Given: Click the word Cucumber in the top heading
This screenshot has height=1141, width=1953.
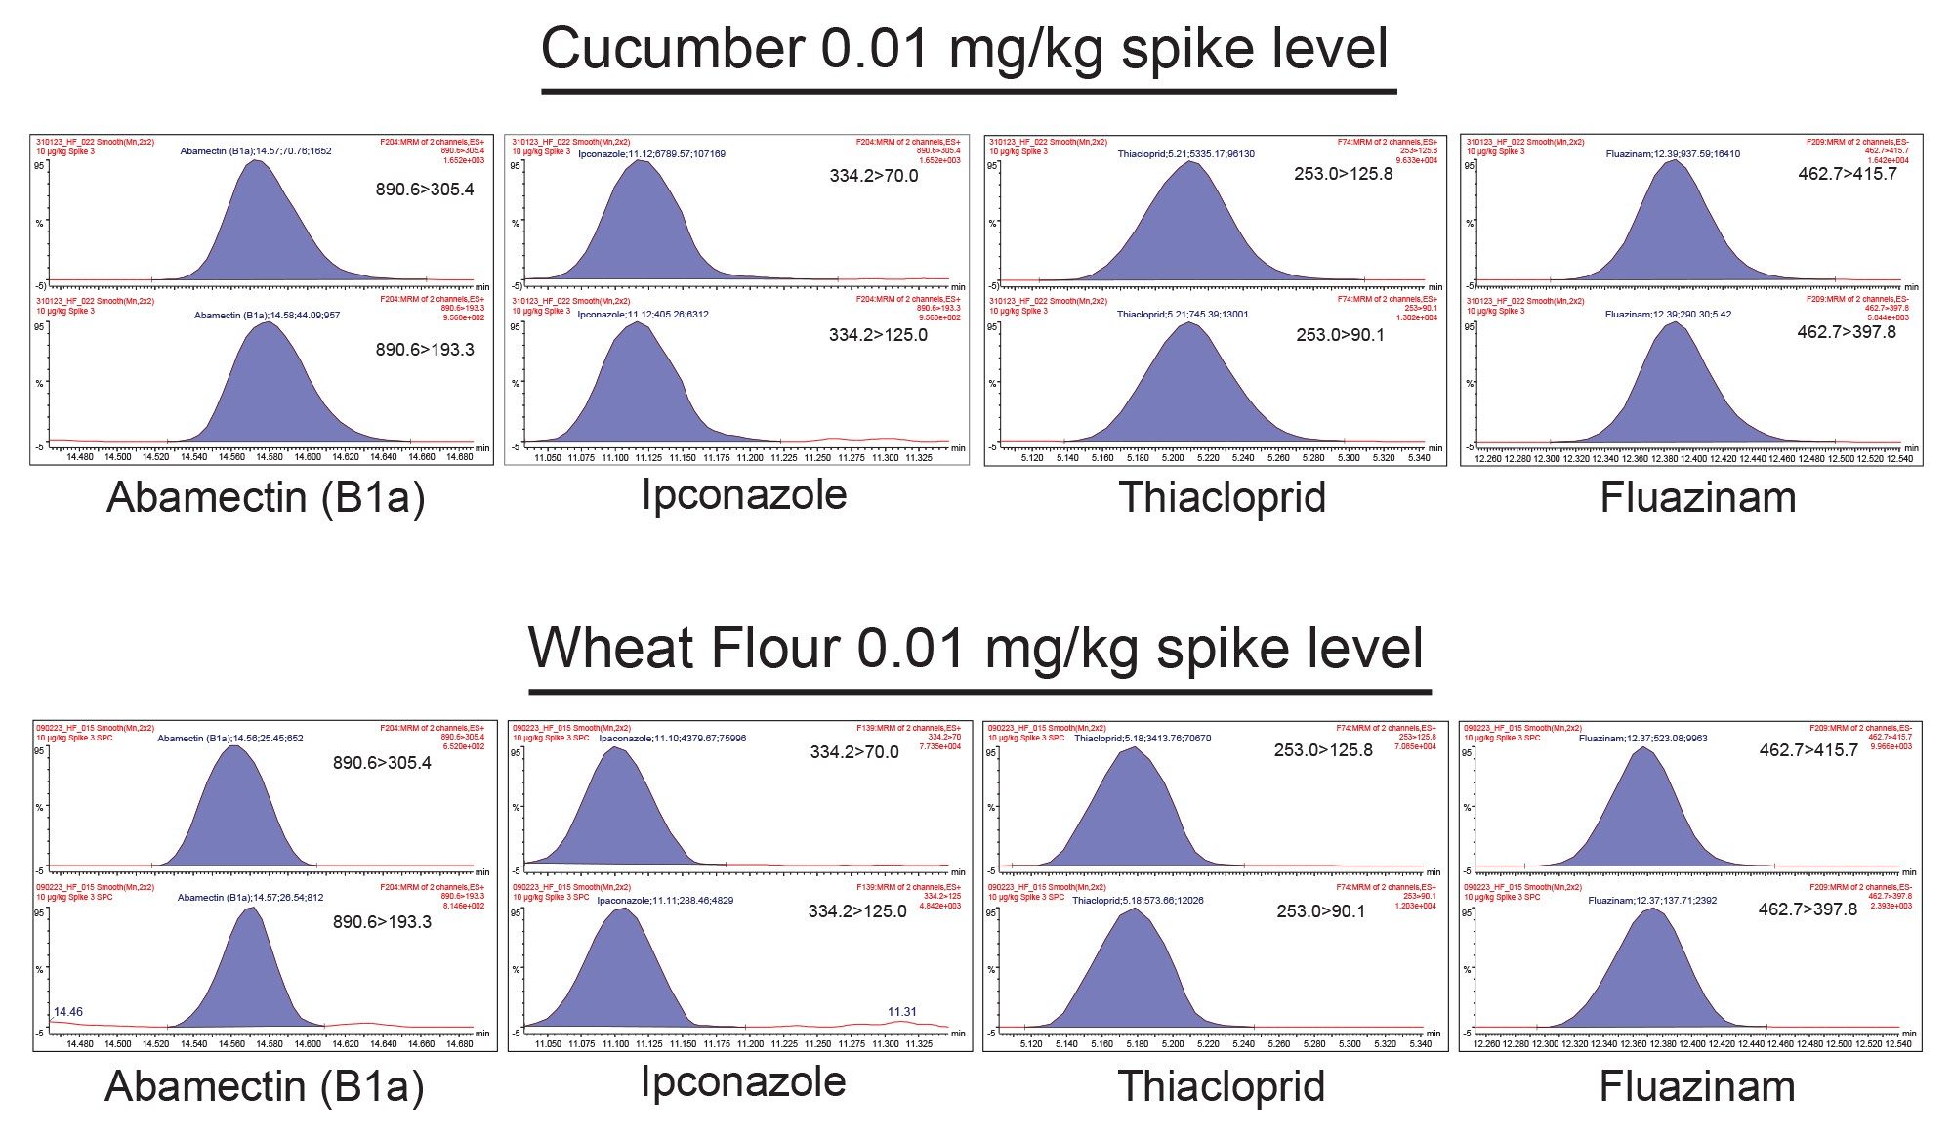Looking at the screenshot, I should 673,49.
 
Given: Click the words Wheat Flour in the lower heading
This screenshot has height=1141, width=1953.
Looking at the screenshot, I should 683,648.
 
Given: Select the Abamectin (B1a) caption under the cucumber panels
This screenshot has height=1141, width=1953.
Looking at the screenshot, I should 266,497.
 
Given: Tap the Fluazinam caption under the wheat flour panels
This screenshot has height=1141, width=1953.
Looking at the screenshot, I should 1697,1086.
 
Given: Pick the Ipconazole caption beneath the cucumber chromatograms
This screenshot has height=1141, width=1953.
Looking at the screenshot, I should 744,494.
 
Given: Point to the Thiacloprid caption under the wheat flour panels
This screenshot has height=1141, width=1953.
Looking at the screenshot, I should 1222,1086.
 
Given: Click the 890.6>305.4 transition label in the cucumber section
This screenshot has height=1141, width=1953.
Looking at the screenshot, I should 425,190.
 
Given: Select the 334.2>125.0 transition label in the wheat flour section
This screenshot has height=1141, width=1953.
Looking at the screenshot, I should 856,911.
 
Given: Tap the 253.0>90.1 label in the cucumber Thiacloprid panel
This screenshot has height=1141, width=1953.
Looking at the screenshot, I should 1340,335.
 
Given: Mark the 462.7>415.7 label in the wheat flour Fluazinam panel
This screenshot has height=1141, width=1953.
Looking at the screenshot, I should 1808,750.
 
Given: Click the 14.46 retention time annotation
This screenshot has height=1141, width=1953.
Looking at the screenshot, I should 68,1012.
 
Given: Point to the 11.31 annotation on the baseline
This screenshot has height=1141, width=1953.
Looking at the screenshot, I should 901,1012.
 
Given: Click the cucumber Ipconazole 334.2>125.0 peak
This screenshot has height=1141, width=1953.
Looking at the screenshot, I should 635,391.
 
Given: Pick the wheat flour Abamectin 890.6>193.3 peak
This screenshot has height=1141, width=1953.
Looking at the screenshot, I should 251,977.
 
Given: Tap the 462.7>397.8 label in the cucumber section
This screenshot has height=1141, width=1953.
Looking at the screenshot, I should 1847,332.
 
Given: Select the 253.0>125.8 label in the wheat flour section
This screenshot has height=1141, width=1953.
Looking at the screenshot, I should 1323,750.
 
